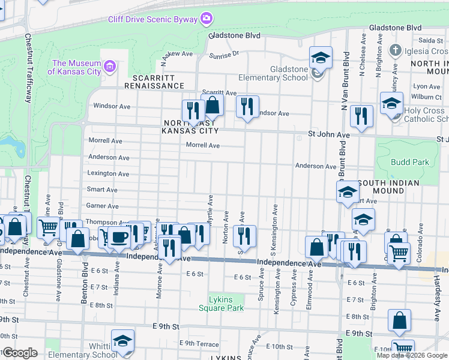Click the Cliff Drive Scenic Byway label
click(152, 19)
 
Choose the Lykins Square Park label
click(221, 304)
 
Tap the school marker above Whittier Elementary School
click(122, 340)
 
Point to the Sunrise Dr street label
click(224, 54)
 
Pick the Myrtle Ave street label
click(210, 210)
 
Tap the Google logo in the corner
click(19, 353)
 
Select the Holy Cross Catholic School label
click(424, 115)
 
